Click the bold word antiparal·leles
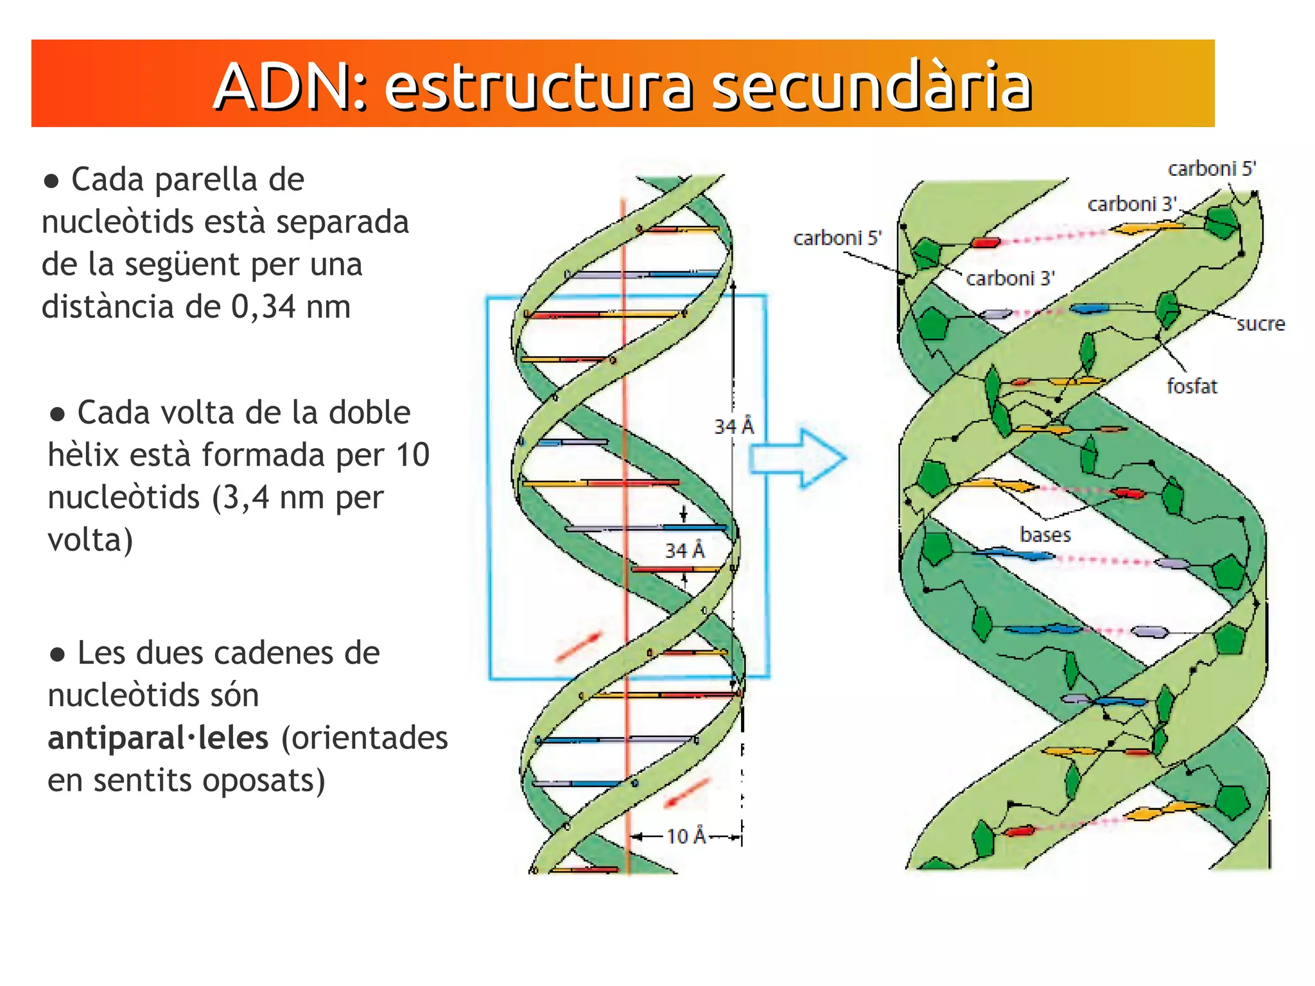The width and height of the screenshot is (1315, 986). [x=158, y=738]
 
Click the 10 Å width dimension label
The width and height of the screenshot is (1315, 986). [x=686, y=836]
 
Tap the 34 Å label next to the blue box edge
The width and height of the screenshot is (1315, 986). [x=734, y=426]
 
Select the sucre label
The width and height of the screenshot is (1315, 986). [x=1260, y=324]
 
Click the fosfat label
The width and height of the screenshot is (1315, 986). [x=1192, y=386]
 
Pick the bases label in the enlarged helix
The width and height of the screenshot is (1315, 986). [x=1045, y=535]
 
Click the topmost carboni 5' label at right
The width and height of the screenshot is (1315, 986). [x=1211, y=169]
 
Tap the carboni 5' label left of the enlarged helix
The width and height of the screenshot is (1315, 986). [x=837, y=238]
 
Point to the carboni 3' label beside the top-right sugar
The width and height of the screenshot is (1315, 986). [x=1131, y=204]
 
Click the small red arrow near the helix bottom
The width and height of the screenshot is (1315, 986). [x=686, y=793]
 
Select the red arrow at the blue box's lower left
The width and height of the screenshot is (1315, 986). [x=579, y=646]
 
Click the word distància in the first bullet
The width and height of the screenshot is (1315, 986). [x=108, y=307]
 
